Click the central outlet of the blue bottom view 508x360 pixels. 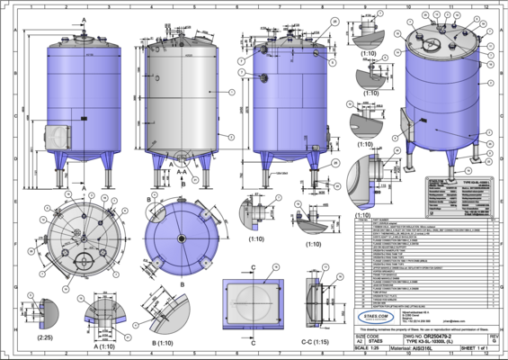[x=181, y=238]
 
